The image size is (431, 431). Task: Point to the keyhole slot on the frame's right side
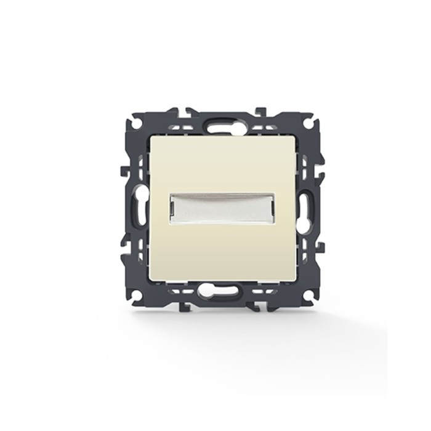click(304, 205)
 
